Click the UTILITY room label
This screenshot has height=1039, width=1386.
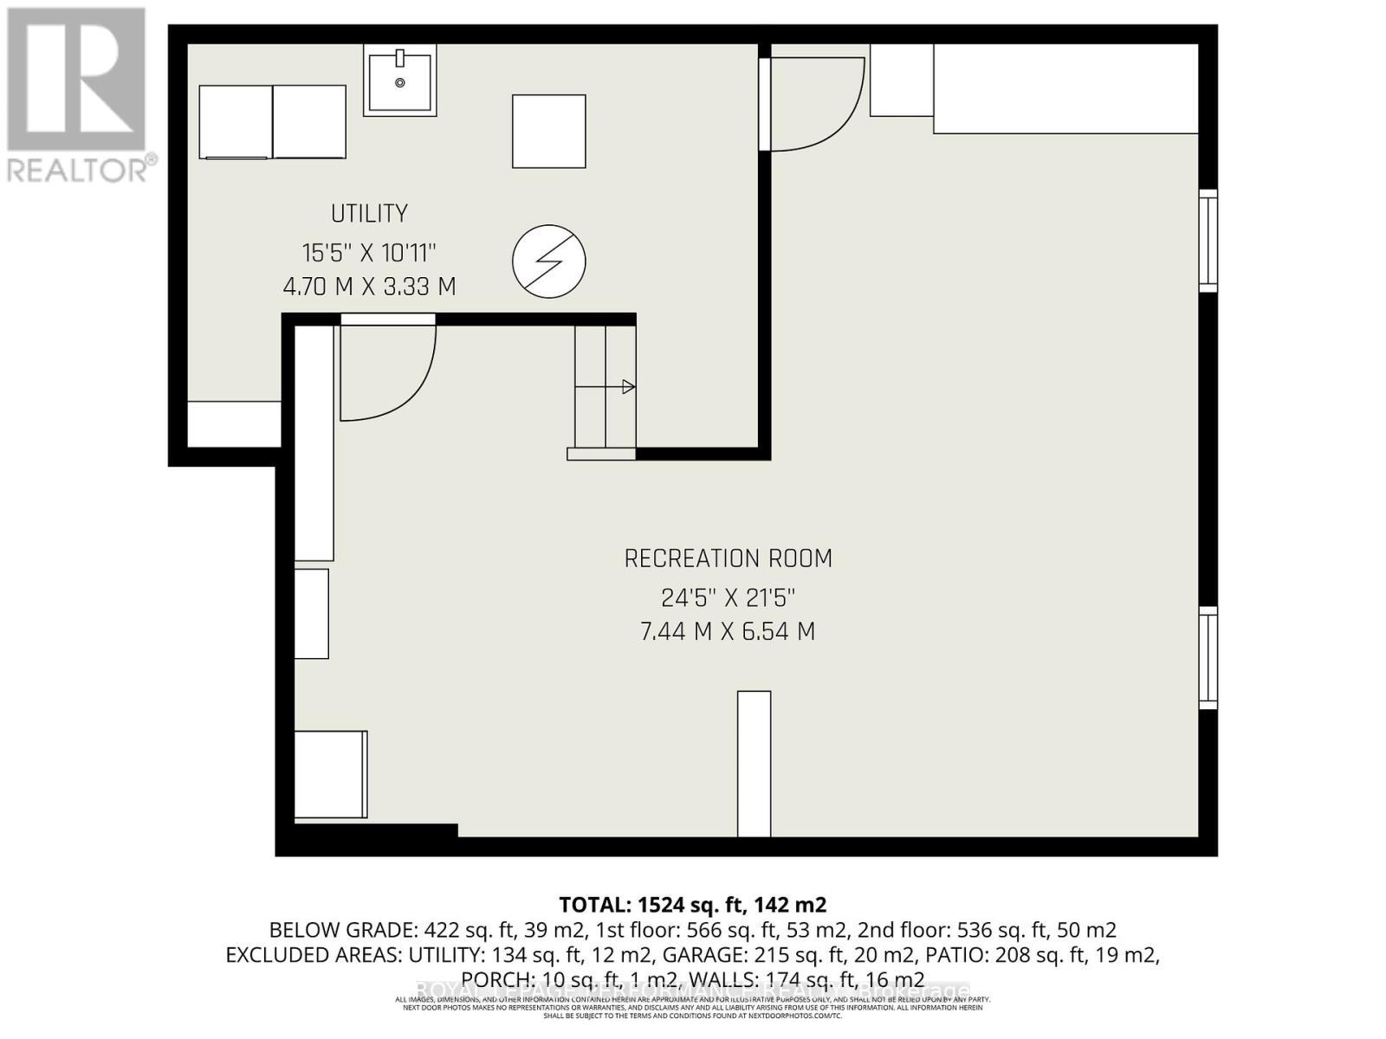[x=369, y=213]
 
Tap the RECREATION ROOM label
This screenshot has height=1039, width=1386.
[x=728, y=558]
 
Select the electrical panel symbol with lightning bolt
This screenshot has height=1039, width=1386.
[x=548, y=261]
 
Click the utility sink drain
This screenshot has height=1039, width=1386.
[x=399, y=83]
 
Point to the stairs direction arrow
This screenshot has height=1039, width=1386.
[x=628, y=387]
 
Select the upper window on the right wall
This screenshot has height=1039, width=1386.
[x=1208, y=241]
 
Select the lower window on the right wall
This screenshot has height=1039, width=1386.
[x=1208, y=658]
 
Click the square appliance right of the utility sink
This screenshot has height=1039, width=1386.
[x=548, y=132]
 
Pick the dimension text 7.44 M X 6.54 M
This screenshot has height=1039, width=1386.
[x=728, y=631]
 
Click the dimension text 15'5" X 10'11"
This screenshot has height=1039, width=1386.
[x=369, y=253]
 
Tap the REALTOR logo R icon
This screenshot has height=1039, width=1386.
[x=76, y=80]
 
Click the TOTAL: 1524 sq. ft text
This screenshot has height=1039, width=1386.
[x=693, y=905]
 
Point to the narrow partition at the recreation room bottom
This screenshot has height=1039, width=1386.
[x=754, y=764]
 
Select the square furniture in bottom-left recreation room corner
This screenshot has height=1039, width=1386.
[x=330, y=774]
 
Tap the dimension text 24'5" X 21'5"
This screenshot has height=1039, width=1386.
[x=728, y=597]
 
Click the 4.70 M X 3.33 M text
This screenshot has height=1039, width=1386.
[x=369, y=287]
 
